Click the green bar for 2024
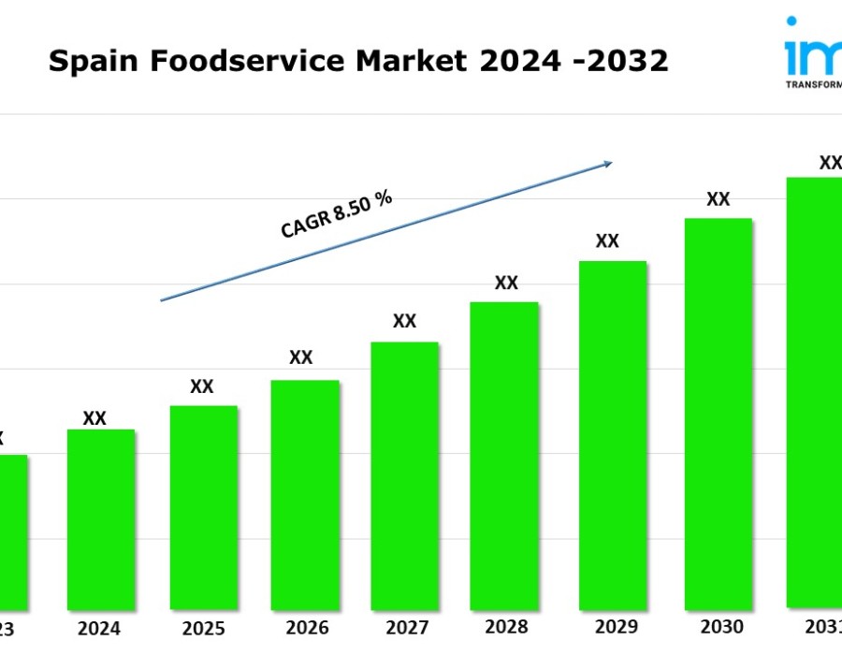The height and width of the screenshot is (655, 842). [x=101, y=519]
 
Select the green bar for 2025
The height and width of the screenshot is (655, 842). [x=203, y=507]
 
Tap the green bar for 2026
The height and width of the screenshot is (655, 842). [x=304, y=494]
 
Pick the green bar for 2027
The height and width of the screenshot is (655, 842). [x=404, y=475]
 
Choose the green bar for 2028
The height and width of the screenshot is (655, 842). [x=504, y=455]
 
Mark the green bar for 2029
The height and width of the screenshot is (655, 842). [x=613, y=434]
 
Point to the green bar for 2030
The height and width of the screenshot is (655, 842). [x=718, y=413]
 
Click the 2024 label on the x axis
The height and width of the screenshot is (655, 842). [x=99, y=628]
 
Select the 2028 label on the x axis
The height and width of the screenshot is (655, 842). [x=507, y=627]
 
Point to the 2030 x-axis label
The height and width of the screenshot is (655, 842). [x=721, y=627]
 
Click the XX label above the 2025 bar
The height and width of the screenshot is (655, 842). [x=202, y=386]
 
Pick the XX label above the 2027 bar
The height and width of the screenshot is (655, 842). [x=404, y=321]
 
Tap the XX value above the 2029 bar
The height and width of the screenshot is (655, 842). [x=607, y=241]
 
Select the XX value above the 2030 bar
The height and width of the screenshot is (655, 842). [x=718, y=199]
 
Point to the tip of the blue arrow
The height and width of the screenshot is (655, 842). [x=611, y=163]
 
